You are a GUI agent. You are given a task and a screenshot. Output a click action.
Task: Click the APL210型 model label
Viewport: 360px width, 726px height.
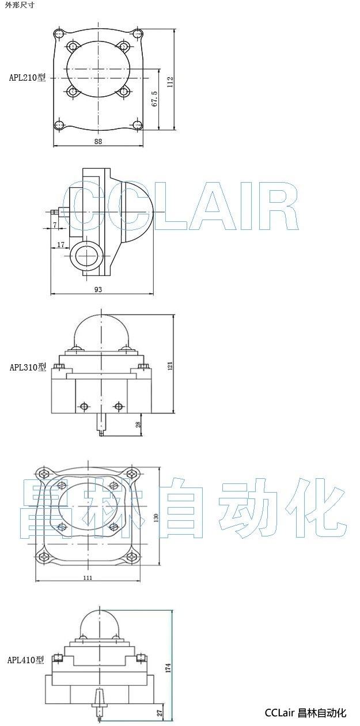point(28,77)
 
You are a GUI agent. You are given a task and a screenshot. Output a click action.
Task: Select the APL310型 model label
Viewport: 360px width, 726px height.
point(28,367)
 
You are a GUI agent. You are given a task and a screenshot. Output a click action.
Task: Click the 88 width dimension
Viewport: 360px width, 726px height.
point(98,141)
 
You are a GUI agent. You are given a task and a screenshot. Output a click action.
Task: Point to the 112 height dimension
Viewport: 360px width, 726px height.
point(170,82)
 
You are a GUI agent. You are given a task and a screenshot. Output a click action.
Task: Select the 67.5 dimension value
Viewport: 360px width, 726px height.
point(154,99)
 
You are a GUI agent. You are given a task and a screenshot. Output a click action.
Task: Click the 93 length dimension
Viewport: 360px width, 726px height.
point(98,289)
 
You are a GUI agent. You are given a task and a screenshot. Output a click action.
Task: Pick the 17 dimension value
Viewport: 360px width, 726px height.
point(61,245)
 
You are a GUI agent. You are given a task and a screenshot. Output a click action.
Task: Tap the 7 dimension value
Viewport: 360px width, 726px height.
point(55,225)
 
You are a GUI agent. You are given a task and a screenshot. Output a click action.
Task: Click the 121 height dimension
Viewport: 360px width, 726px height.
point(170,365)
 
